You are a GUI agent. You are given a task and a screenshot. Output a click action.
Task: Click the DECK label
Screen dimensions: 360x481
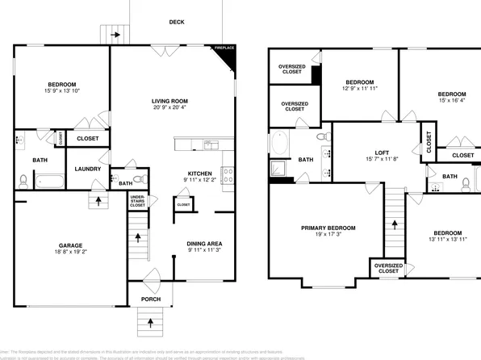[x=177, y=22]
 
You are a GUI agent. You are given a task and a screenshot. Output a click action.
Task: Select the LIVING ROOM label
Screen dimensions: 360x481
[x=171, y=101]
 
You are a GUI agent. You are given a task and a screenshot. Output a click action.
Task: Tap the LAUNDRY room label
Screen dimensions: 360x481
[x=87, y=169]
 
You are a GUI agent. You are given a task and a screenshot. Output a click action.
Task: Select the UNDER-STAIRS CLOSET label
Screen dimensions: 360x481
[x=138, y=200]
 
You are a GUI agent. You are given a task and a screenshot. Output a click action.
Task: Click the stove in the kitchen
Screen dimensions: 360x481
[x=228, y=172]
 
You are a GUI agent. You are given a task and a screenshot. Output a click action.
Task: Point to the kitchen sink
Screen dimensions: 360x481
[x=211, y=145]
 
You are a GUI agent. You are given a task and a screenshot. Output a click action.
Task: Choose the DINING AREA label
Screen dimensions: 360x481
[x=204, y=243]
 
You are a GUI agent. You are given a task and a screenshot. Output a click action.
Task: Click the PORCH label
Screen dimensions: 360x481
[x=150, y=299]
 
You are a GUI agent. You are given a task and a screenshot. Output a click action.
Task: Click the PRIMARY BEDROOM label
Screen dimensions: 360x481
[x=328, y=228]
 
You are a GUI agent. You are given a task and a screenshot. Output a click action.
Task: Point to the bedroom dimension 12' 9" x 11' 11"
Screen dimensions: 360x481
[x=359, y=90]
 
